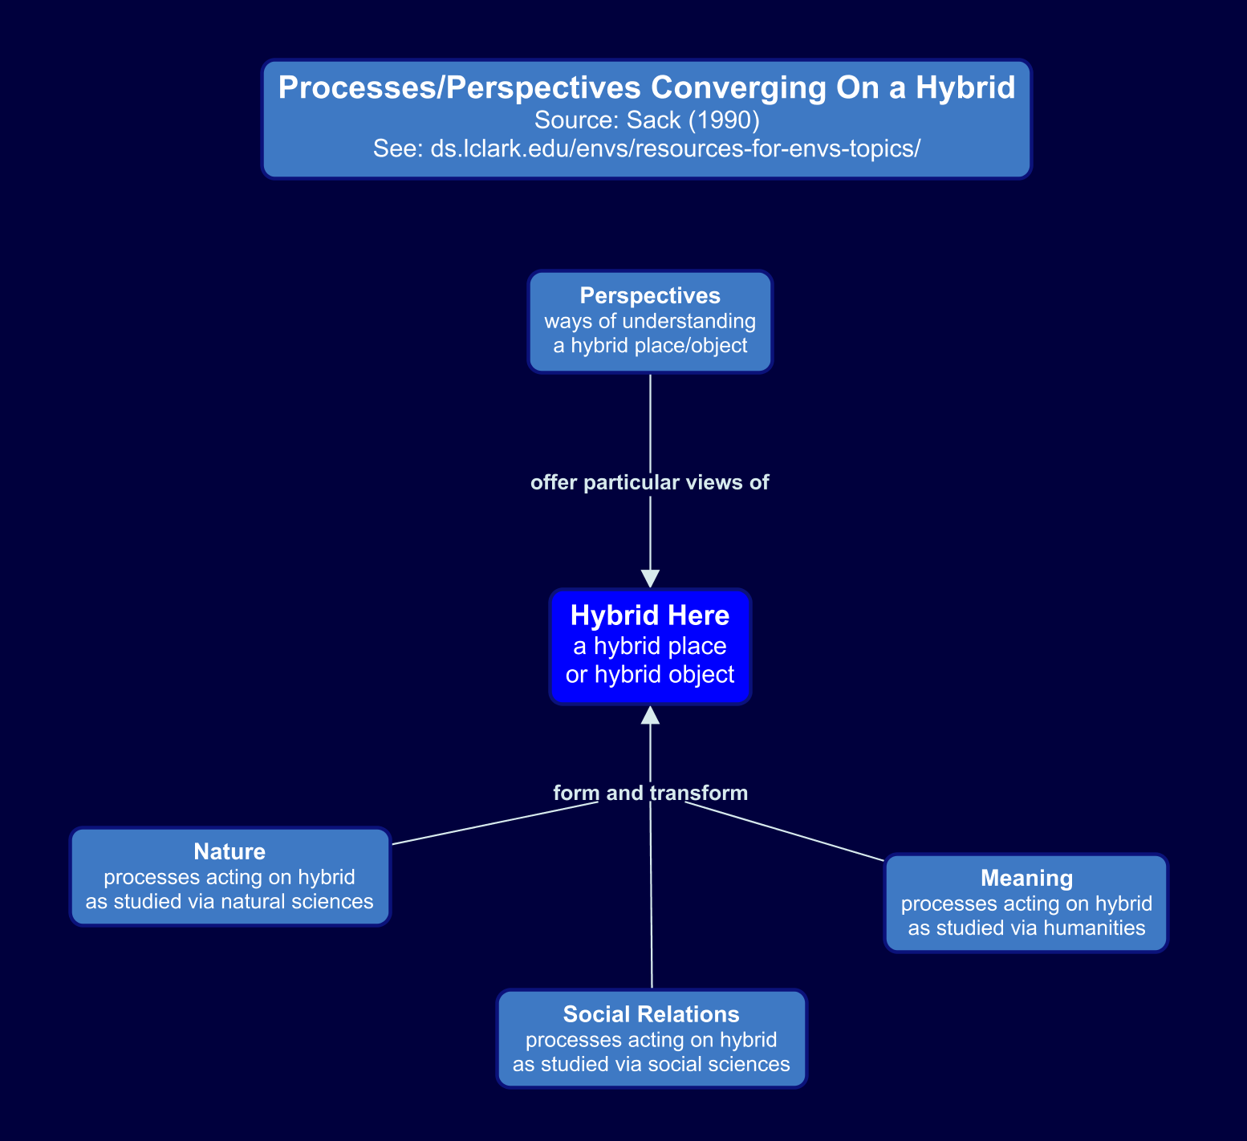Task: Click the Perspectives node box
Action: click(x=649, y=321)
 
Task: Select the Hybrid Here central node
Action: click(x=649, y=646)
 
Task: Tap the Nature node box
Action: click(x=229, y=876)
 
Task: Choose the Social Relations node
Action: click(x=651, y=1038)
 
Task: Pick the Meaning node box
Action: click(x=1026, y=903)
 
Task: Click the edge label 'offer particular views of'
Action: click(x=649, y=482)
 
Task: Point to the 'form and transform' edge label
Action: click(x=650, y=793)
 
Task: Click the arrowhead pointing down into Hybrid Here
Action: click(x=650, y=579)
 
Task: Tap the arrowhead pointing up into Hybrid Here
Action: click(x=650, y=715)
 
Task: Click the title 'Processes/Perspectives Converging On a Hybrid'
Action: click(x=646, y=87)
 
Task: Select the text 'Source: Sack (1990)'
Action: click(x=646, y=120)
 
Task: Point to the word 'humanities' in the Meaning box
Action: click(x=1099, y=928)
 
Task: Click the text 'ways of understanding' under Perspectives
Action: click(x=649, y=321)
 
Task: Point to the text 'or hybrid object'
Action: click(x=649, y=674)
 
